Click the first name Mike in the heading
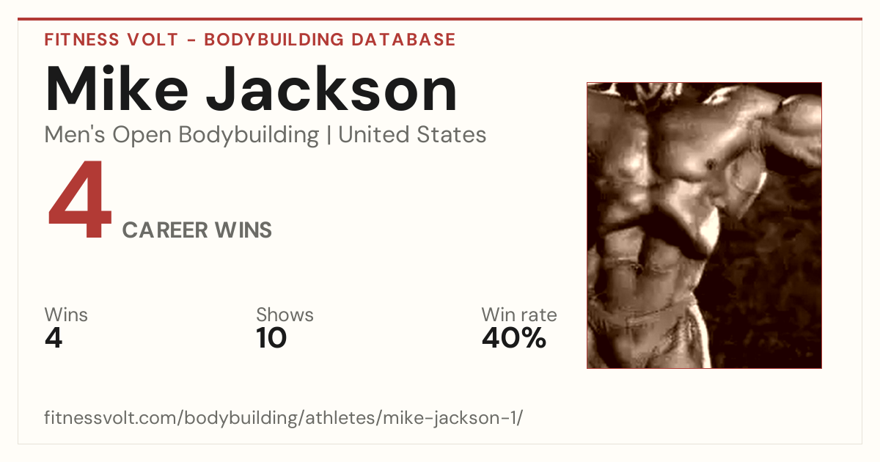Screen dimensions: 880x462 (117, 89)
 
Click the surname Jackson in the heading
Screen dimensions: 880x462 (331, 89)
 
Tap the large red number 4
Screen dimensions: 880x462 (80, 199)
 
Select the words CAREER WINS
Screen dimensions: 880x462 (197, 230)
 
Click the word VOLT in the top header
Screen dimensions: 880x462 (153, 40)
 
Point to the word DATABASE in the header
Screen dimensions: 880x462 (403, 40)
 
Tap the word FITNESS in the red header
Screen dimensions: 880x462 (81, 40)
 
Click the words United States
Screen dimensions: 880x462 (412, 134)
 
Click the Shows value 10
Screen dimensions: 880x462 (271, 338)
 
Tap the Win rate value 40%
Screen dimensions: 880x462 (514, 338)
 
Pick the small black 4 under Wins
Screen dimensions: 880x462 (54, 338)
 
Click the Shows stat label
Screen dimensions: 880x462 (285, 315)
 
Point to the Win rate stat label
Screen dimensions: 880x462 (519, 315)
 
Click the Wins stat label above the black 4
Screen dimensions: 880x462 (66, 315)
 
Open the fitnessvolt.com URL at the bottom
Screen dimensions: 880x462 (283, 418)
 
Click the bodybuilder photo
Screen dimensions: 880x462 (704, 226)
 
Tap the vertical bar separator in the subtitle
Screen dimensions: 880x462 (329, 135)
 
